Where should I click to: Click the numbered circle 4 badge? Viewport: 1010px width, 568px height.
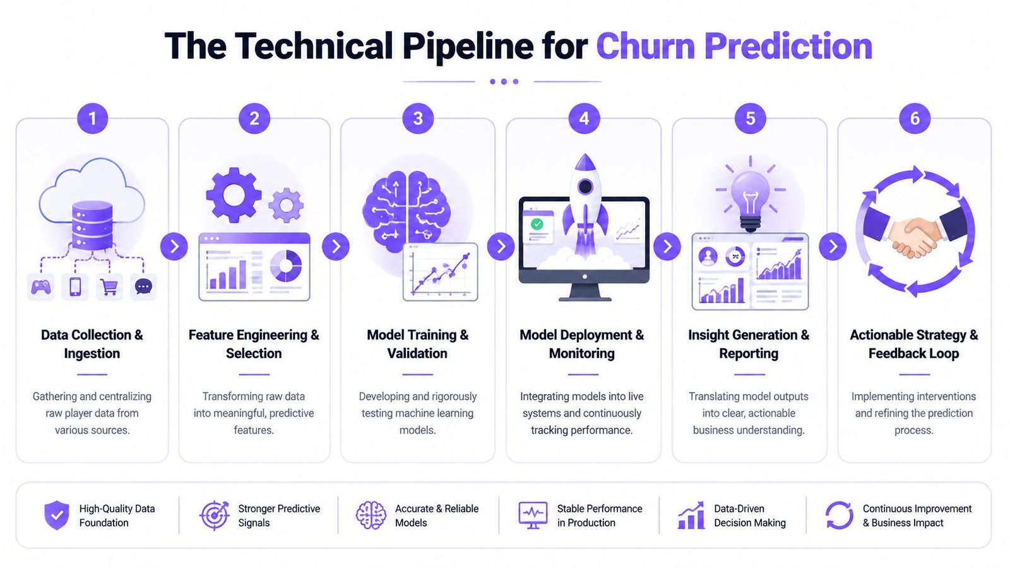click(x=584, y=119)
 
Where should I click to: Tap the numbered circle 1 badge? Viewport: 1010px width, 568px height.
click(x=92, y=119)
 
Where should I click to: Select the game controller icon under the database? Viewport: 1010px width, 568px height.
click(x=40, y=287)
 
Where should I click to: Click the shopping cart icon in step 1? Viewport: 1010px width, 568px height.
click(x=109, y=287)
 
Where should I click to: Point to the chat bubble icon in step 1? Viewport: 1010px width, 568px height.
click(x=143, y=287)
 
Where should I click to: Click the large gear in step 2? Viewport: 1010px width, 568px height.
click(x=234, y=195)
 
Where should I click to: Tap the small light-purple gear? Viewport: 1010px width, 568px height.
click(x=286, y=206)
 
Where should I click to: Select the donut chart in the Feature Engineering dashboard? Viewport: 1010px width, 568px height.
click(x=286, y=266)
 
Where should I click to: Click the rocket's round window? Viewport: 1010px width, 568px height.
click(x=585, y=186)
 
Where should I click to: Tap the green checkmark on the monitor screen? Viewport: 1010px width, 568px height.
click(x=537, y=224)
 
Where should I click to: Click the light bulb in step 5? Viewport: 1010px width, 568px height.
click(x=750, y=201)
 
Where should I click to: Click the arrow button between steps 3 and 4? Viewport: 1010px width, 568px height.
click(x=501, y=246)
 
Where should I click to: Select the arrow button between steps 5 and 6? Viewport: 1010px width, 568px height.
click(x=833, y=246)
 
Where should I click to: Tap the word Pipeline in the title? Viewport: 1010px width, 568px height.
click(x=468, y=47)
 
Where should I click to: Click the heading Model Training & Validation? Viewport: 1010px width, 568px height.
click(x=417, y=344)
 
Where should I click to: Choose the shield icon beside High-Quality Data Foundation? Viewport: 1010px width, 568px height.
click(x=57, y=515)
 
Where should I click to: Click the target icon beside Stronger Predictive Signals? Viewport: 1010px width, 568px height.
click(x=215, y=515)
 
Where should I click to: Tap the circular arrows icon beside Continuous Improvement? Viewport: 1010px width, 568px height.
click(x=839, y=515)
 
